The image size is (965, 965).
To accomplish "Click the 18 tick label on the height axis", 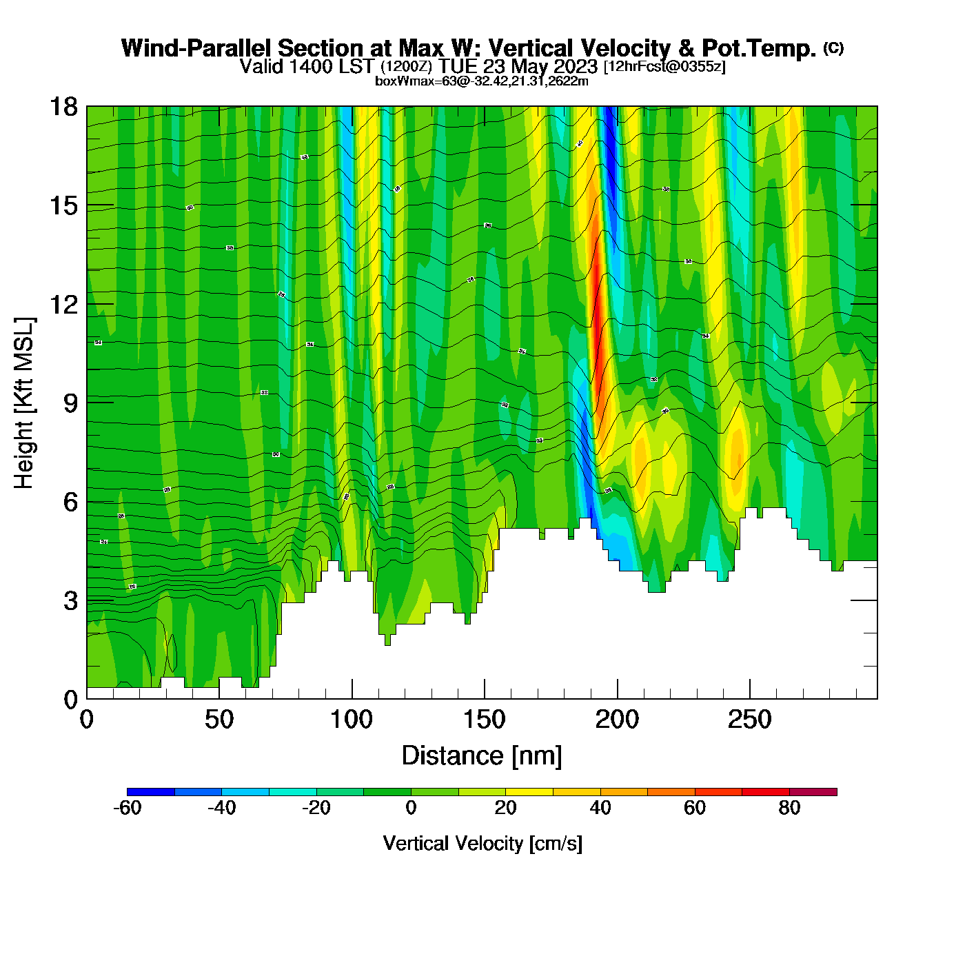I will pos(63,107).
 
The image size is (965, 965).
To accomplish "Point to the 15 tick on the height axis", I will pos(63,205).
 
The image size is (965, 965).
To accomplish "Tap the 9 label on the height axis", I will pos(70,403).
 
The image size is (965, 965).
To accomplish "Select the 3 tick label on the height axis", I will pos(70,601).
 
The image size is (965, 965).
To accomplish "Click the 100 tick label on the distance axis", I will pos(352,720).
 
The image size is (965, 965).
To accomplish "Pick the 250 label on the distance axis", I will pos(749,720).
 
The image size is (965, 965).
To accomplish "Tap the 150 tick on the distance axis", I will pos(484,720).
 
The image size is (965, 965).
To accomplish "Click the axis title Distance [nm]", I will pos(482,756).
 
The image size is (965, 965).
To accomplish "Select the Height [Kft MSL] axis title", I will pos(24,403).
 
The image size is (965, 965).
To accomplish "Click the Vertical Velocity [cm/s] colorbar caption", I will pos(482,843).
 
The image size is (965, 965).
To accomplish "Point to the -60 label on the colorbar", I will pos(127,808).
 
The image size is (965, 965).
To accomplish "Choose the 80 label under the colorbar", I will pos(789,808).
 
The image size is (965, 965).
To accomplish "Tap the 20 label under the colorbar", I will pos(505,808).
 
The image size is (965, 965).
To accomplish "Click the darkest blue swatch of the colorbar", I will pos(151,792).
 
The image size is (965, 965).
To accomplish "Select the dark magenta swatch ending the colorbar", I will pos(813,792).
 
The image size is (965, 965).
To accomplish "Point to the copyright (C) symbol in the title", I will pos(833,48).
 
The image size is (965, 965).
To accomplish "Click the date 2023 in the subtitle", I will pos(575,67).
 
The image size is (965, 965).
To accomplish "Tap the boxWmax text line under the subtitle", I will pos(482,81).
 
